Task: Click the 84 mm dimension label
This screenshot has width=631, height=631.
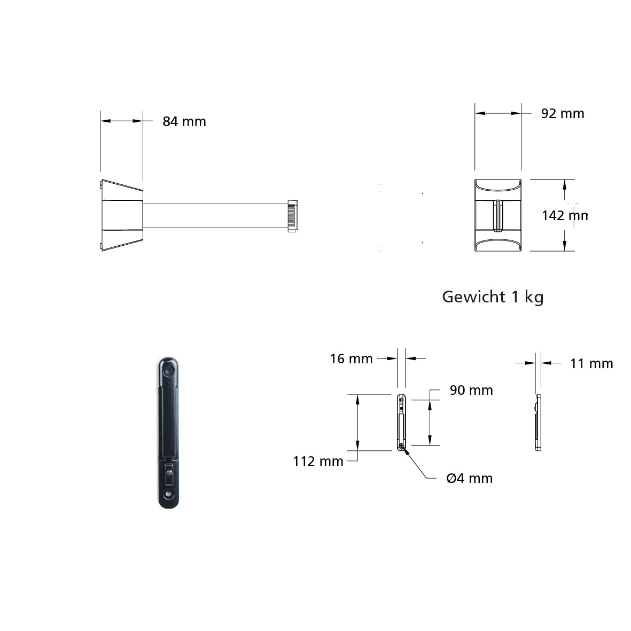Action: [184, 121]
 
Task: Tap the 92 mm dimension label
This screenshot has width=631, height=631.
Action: [563, 113]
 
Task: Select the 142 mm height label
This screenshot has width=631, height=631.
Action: [565, 216]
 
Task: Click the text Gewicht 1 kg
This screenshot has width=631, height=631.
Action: [493, 297]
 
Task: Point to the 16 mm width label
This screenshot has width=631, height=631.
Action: [352, 359]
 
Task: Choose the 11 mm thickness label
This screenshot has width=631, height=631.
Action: [591, 363]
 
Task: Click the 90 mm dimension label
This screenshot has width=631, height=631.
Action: [471, 390]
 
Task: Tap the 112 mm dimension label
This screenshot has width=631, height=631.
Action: [318, 461]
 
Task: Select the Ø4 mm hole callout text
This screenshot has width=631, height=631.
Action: [469, 478]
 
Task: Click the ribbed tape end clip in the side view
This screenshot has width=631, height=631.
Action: [293, 216]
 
